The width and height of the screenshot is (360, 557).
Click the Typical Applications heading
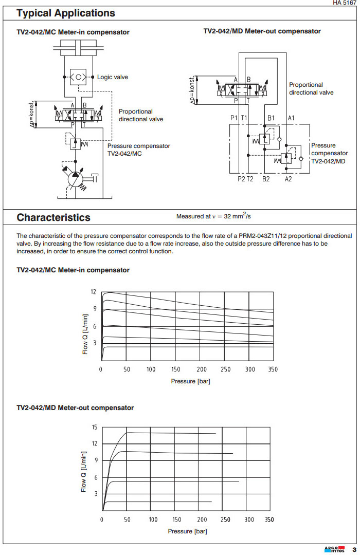(66, 13)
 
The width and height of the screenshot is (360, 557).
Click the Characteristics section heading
(53, 217)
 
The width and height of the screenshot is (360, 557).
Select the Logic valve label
(112, 77)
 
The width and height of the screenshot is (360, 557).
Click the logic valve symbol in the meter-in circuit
(78, 77)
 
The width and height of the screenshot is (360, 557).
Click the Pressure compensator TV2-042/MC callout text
(138, 150)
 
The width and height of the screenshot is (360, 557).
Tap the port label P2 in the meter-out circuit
(241, 179)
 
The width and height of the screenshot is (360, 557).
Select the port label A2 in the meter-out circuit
(289, 179)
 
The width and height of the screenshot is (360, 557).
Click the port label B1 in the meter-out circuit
(271, 118)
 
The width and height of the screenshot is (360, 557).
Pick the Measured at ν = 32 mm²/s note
(221, 216)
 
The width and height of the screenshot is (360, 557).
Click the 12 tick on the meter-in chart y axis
(93, 292)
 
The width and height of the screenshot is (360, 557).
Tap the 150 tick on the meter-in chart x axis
(176, 369)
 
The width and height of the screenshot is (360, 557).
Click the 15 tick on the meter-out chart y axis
(94, 427)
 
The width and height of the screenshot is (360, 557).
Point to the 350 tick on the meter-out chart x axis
(269, 519)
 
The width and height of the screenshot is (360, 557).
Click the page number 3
(354, 549)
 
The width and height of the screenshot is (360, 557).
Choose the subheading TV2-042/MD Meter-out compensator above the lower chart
(75, 408)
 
